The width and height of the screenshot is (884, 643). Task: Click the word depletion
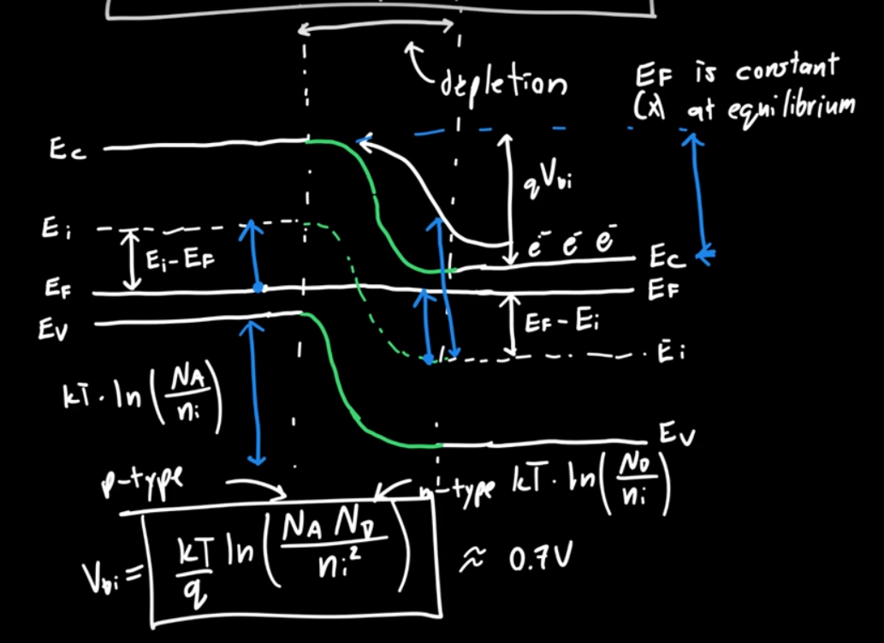(x=503, y=83)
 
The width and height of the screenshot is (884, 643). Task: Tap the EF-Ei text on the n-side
(x=561, y=324)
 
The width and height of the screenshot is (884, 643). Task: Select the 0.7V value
(x=537, y=557)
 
